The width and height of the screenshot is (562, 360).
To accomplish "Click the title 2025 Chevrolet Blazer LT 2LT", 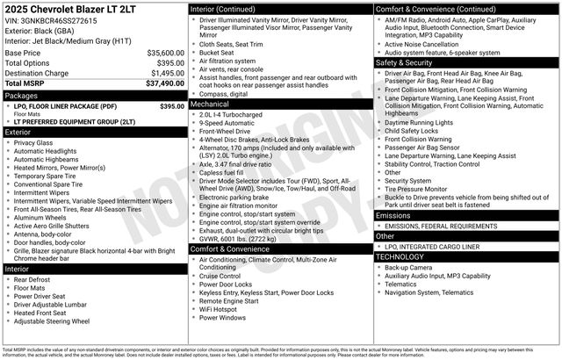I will [x=58, y=9].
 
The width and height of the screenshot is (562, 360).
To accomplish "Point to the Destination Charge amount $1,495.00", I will [x=166, y=73].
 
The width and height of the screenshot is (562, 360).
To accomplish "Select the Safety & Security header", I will [x=405, y=63].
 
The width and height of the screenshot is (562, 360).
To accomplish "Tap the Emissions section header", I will [x=393, y=215].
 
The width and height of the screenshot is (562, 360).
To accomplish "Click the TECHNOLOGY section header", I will [x=400, y=257].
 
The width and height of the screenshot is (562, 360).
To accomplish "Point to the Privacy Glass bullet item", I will [x=33, y=142].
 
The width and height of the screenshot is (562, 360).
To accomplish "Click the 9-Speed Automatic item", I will [x=227, y=124].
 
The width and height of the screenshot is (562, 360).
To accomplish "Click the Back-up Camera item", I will [x=410, y=267].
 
